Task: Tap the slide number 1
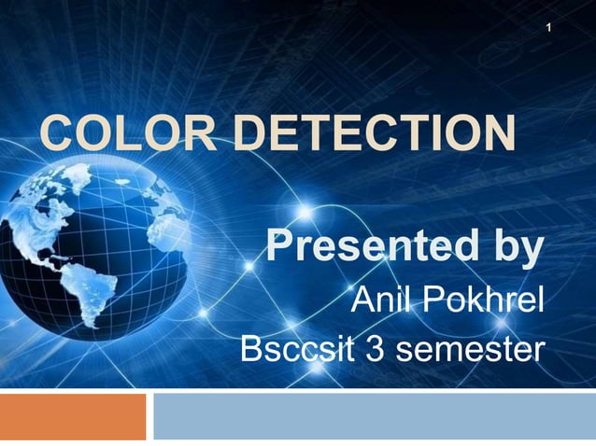549,28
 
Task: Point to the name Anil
381,300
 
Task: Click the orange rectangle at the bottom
73,416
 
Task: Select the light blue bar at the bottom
374,416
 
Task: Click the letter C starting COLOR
55,132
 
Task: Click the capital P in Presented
279,247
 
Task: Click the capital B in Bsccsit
252,349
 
